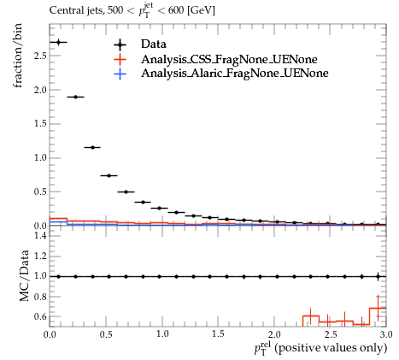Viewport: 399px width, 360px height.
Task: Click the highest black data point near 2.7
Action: (59, 43)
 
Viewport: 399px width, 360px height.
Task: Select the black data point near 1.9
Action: (75, 97)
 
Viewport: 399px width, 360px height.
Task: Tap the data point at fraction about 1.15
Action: (92, 147)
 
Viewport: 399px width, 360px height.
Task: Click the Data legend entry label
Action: (154, 44)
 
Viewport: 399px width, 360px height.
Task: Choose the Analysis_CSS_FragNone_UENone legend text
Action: (229, 59)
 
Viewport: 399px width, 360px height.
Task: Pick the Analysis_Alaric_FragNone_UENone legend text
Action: (235, 74)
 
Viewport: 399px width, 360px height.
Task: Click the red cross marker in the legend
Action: (120, 60)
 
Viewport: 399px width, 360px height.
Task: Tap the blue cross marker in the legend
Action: (120, 74)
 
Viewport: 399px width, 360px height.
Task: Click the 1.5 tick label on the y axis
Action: (40, 124)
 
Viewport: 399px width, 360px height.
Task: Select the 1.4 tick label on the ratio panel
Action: (40, 235)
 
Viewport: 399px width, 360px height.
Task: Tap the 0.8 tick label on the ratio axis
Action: (40, 297)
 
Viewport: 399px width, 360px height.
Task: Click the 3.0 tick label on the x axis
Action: (386, 334)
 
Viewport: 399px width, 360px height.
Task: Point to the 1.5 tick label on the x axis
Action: (218, 334)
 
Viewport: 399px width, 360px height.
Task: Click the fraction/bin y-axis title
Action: (18, 56)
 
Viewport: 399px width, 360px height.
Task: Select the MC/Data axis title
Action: (25, 275)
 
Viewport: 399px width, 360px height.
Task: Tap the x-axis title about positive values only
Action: (321, 349)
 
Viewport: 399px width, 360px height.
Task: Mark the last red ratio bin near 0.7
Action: (378, 308)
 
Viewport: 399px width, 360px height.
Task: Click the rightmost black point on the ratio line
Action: (378, 276)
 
